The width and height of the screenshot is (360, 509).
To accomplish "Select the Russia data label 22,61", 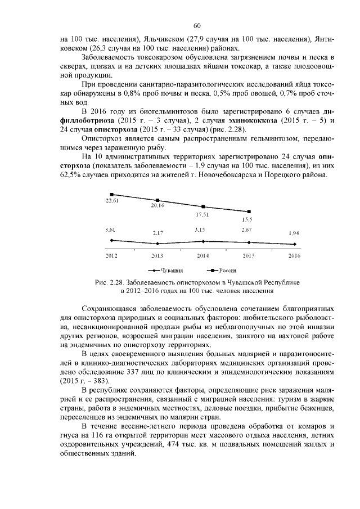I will [x=112, y=201].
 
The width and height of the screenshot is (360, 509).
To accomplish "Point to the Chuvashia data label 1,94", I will [x=294, y=233].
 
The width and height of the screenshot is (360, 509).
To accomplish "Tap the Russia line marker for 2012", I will [x=111, y=195].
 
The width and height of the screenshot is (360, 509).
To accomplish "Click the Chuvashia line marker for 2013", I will [x=157, y=244].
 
